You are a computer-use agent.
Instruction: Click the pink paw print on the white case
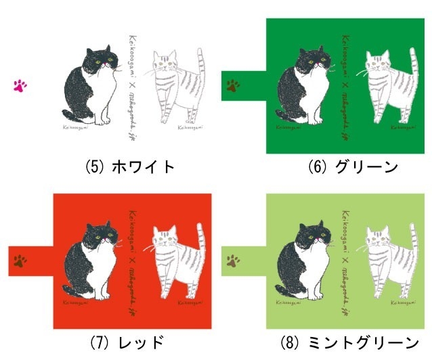click(20, 85)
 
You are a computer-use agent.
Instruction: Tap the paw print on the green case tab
click(233, 85)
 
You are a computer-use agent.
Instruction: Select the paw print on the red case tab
click(20, 260)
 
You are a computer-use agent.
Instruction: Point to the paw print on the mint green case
click(233, 259)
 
